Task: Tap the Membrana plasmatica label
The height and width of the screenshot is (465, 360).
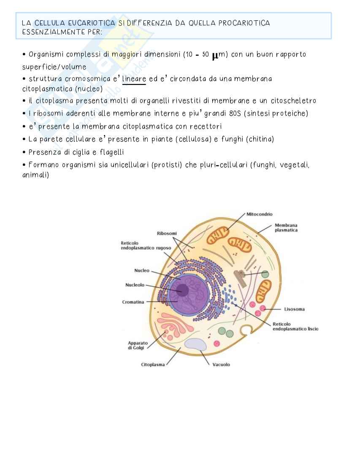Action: [x=286, y=228]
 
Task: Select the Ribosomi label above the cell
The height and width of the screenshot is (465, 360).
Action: [x=167, y=233]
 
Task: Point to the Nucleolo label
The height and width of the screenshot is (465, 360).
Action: [x=135, y=285]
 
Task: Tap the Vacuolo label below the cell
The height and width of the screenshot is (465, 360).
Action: [x=221, y=365]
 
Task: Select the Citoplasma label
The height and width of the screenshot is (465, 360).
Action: [x=152, y=365]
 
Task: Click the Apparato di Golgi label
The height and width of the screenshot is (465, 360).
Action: [x=137, y=345]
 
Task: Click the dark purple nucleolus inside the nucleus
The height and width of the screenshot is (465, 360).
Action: [x=183, y=290]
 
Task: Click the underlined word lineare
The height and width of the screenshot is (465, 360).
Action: [x=134, y=79]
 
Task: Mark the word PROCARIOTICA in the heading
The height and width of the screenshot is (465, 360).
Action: [x=244, y=23]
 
